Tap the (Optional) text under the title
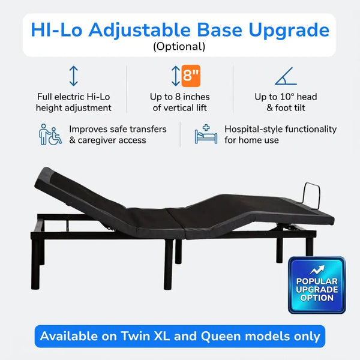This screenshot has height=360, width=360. click(179, 46)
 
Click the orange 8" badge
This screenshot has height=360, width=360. click(192, 76)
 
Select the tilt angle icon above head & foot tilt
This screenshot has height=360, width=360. click(285, 76)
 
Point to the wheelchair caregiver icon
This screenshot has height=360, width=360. click(50, 134)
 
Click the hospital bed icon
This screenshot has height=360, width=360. click(206, 134)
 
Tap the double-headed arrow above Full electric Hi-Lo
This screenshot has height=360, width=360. click(73, 76)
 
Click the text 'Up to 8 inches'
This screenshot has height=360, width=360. click(179, 97)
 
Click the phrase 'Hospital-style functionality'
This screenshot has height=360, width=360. click(280, 129)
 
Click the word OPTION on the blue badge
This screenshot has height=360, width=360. click(317, 298)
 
